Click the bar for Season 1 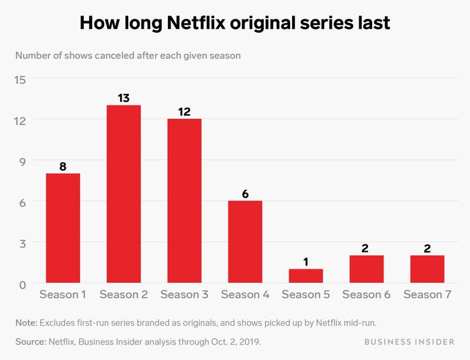point(62,228)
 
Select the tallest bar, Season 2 point(124,194)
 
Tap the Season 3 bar point(184,201)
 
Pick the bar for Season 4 point(245,242)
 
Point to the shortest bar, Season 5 point(305,276)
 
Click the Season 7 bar point(427,269)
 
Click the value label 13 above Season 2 point(124,98)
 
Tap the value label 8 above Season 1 point(62,167)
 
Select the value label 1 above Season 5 point(305,262)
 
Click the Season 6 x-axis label point(366,295)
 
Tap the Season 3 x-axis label point(184,295)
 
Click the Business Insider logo point(408,343)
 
